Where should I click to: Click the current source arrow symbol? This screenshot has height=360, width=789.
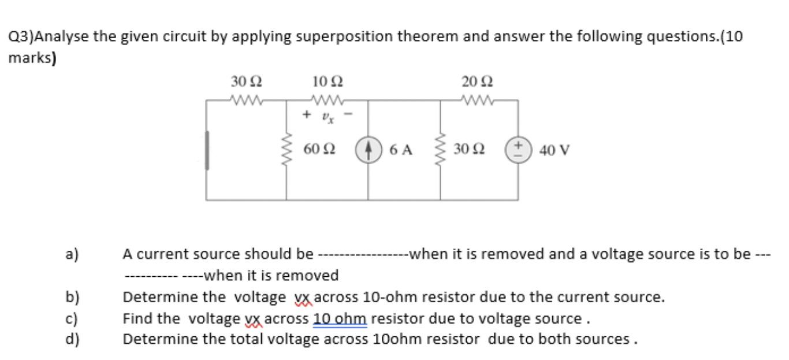367,150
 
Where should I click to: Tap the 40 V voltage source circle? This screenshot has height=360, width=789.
518,150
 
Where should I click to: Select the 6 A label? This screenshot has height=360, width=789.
401,150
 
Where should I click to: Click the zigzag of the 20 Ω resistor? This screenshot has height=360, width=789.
477,101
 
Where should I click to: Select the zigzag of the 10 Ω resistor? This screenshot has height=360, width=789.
327,101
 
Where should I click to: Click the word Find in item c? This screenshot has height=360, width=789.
136,318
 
